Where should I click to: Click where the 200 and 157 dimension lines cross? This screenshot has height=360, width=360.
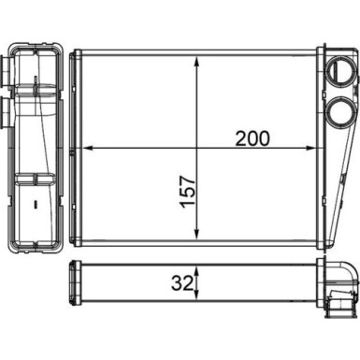(x=196, y=148)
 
